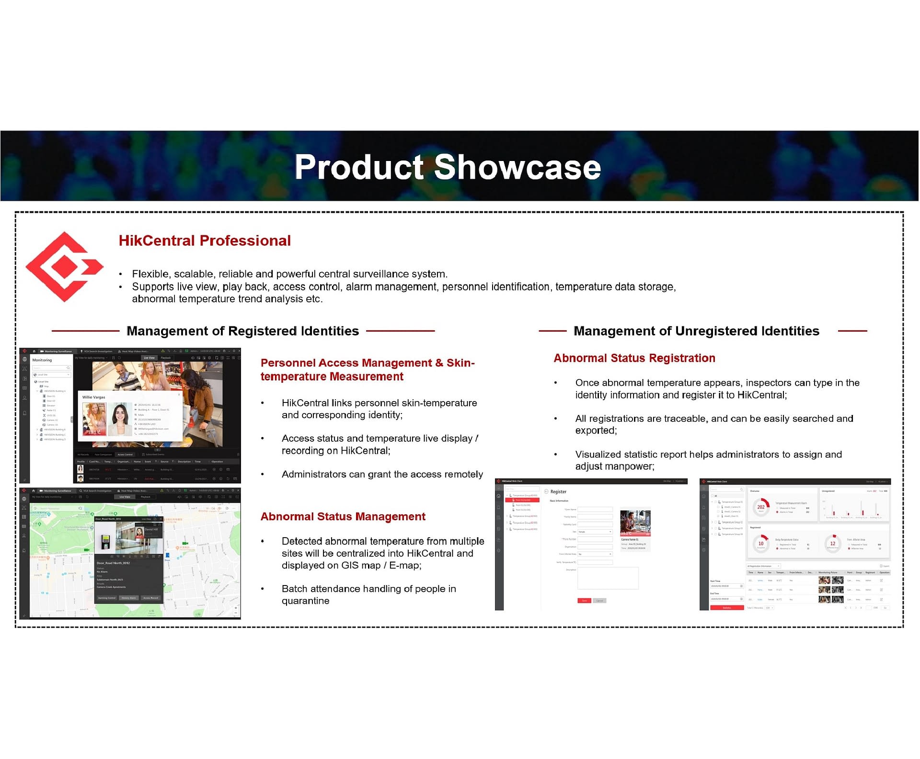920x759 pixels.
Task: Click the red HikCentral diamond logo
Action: (x=64, y=266)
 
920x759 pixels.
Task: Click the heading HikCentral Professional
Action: (x=205, y=241)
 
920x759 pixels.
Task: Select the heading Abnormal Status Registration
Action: (x=634, y=358)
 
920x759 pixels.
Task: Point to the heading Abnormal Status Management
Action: (x=343, y=517)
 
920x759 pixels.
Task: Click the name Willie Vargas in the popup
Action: (x=93, y=397)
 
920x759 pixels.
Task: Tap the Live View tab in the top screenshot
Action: (x=149, y=358)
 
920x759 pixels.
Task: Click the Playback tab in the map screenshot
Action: (x=145, y=497)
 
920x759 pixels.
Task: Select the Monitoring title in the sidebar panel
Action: (x=42, y=360)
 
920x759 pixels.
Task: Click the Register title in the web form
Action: (x=558, y=492)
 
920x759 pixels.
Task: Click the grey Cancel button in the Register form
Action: (x=599, y=600)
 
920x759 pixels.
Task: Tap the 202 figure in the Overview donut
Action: (x=761, y=507)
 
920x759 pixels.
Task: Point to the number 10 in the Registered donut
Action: (x=761, y=543)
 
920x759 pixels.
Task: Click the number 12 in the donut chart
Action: (x=833, y=543)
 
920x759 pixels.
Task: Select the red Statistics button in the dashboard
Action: (x=726, y=608)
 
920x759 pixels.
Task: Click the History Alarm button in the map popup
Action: (x=129, y=598)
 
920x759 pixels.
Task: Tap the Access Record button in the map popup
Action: (x=150, y=598)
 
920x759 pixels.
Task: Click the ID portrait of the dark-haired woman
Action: (x=120, y=418)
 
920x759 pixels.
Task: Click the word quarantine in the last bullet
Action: (x=305, y=601)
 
